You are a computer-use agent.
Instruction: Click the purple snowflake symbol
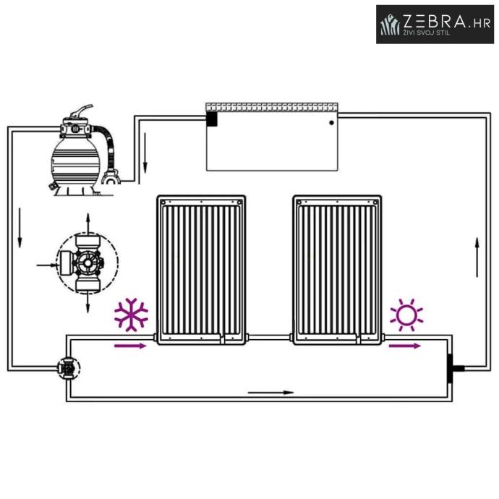(x=131, y=315)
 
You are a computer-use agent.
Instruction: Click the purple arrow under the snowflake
(x=131, y=346)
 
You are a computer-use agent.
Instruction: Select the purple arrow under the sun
(x=405, y=346)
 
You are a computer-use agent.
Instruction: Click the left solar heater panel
(x=201, y=268)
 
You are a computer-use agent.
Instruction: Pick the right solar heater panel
(x=336, y=268)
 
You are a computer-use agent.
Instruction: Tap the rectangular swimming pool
(x=272, y=141)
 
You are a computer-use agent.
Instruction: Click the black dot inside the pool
(x=331, y=123)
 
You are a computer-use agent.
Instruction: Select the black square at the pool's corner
(x=212, y=118)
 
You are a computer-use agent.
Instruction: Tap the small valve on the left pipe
(x=68, y=367)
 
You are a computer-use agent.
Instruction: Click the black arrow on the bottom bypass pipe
(x=271, y=393)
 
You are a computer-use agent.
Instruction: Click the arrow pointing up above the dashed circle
(x=88, y=221)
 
